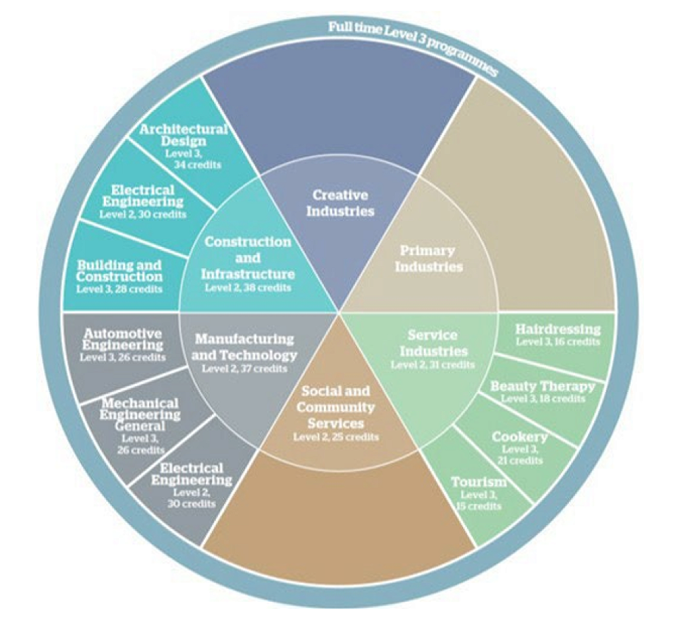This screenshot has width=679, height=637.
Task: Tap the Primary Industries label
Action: coord(428,258)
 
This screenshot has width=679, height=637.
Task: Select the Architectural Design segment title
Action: coord(183,136)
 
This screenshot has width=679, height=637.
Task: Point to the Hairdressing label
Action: coord(557,330)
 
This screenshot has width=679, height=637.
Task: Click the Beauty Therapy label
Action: coord(543,387)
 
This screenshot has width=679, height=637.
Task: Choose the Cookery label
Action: coord(519,437)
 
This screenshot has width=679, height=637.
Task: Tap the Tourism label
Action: coord(479,482)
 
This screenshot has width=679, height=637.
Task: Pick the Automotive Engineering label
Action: coord(122,340)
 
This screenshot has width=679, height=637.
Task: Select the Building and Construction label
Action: coord(120,271)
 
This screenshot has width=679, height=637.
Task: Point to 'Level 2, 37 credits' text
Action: coord(244,369)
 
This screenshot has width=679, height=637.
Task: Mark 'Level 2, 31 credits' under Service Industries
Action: coord(433,365)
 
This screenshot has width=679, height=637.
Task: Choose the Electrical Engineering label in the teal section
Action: coord(144,196)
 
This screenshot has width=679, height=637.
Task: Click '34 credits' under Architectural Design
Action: coord(198,165)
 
